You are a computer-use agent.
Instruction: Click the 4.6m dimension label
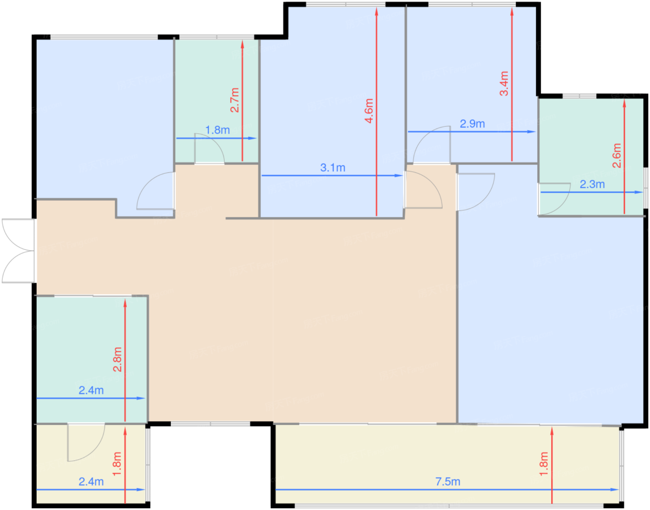coord(369,111)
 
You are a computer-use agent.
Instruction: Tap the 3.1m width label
coord(332,168)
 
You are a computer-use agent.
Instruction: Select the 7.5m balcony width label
coord(448,482)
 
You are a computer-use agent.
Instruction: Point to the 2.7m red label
coord(235,100)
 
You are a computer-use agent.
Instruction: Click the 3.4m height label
coord(504,84)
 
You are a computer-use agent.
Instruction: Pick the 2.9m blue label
coord(472,124)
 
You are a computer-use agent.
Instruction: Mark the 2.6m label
coord(617,156)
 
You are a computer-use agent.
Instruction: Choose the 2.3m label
coord(592,184)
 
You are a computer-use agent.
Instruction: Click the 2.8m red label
coord(117,359)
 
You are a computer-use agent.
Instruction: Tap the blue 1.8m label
coord(217,130)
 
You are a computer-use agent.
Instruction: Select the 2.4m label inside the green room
coord(91,390)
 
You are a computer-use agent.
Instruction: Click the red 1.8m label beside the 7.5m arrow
coord(544,464)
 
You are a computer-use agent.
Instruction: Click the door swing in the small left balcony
coord(84,444)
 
